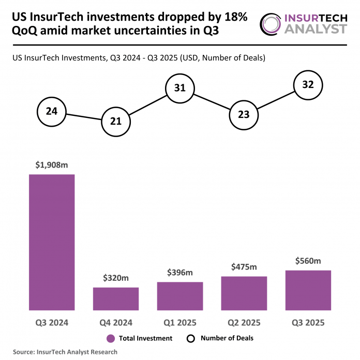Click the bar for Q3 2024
pyautogui.click(x=52, y=242)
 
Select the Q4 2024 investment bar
pyautogui.click(x=116, y=298)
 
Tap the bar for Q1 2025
pyautogui.click(x=180, y=296)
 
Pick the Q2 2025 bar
pyautogui.click(x=244, y=293)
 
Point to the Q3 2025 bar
pyautogui.click(x=308, y=290)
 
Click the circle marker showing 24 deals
pyautogui.click(x=52, y=111)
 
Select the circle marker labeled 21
pyautogui.click(x=116, y=122)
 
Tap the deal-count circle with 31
pyautogui.click(x=180, y=88)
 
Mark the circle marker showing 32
pyautogui.click(x=308, y=84)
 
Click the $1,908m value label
pyautogui.click(x=52, y=166)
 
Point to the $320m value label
pyautogui.click(x=116, y=279)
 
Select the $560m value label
pyautogui.click(x=308, y=261)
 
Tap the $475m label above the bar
pyautogui.click(x=244, y=267)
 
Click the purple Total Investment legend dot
pyautogui.click(x=110, y=338)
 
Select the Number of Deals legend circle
pyautogui.click(x=190, y=338)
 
